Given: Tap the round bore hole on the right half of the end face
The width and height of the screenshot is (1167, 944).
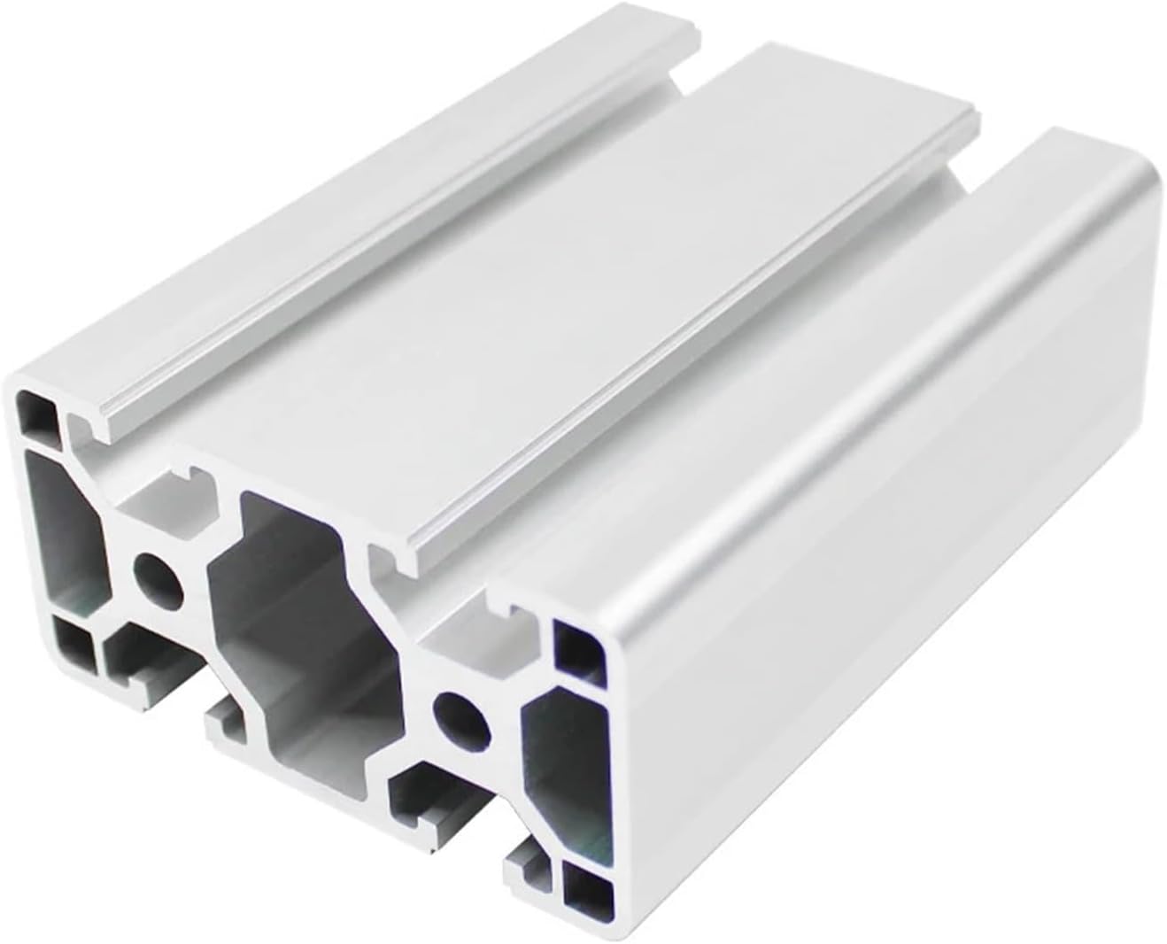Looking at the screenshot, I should pos(461,716).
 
